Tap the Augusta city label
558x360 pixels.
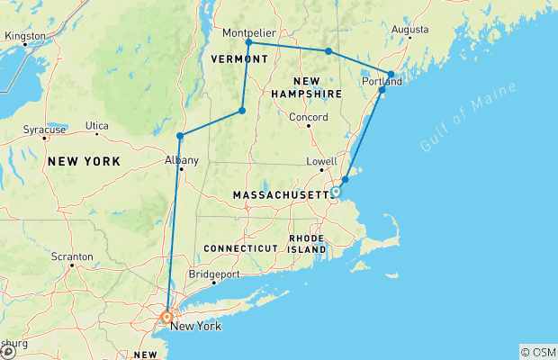410,29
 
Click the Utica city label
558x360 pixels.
96,125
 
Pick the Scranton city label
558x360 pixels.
73,256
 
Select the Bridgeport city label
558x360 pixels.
214,274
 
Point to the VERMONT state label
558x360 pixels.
239,58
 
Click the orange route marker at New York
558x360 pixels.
167,316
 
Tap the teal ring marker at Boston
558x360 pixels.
336,192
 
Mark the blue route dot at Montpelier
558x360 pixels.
248,42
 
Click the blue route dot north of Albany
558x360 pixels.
180,136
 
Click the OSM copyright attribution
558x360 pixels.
537,352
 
